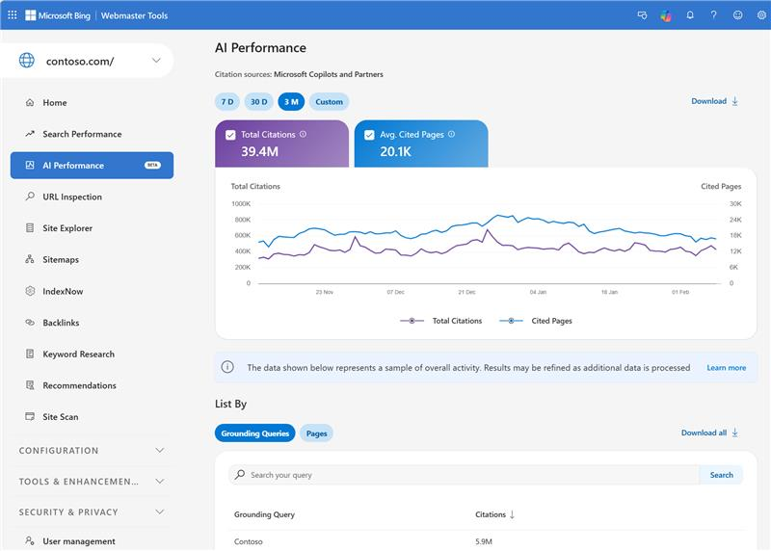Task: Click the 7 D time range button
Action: point(227,101)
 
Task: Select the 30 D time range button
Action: point(258,101)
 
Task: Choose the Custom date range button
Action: point(329,101)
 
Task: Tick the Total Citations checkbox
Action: point(230,135)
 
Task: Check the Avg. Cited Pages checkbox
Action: point(369,135)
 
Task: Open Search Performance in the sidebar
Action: point(82,134)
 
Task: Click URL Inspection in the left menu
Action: point(72,197)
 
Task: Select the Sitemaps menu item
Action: point(61,260)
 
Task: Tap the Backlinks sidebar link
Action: point(61,323)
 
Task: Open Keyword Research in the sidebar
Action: point(78,354)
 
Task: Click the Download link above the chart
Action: point(714,101)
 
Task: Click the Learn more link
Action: point(726,368)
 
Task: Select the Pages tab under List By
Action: point(316,433)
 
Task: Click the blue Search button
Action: point(721,475)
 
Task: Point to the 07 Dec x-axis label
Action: point(396,291)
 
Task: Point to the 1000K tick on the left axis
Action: point(241,204)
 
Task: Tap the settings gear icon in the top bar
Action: point(761,15)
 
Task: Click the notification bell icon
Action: point(690,15)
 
